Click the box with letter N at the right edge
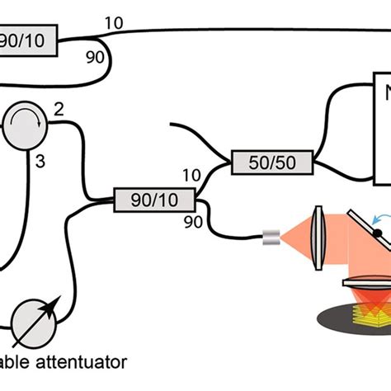(382, 132)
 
